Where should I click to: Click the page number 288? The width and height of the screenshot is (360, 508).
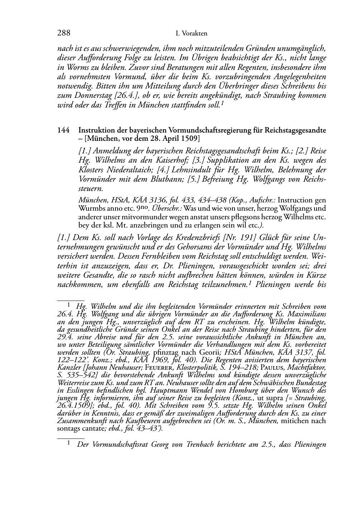click(x=63, y=33)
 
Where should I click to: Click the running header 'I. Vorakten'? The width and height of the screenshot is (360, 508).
click(x=192, y=34)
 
